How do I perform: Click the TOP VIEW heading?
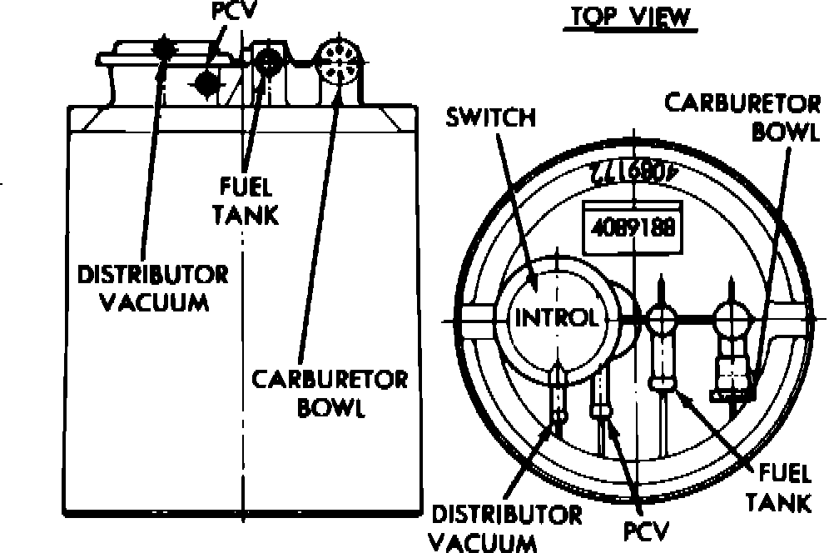629,17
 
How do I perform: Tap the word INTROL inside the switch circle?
555,318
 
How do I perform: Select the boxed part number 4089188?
634,227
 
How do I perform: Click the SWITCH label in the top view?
490,117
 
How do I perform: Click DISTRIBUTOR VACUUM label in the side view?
152,287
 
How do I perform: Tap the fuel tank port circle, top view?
663,316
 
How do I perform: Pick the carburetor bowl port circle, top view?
731,316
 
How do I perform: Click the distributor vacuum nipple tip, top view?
561,414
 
